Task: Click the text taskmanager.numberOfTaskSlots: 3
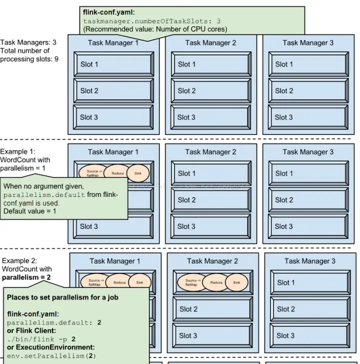point(151,21)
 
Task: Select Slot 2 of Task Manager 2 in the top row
point(210,91)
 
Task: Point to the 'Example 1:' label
point(17,151)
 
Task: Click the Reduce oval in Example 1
point(117,173)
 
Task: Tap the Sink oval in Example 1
point(138,173)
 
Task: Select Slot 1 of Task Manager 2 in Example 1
point(210,173)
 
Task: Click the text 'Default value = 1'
point(30,211)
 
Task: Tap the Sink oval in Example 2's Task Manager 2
point(236,282)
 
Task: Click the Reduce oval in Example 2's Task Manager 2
point(216,282)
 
